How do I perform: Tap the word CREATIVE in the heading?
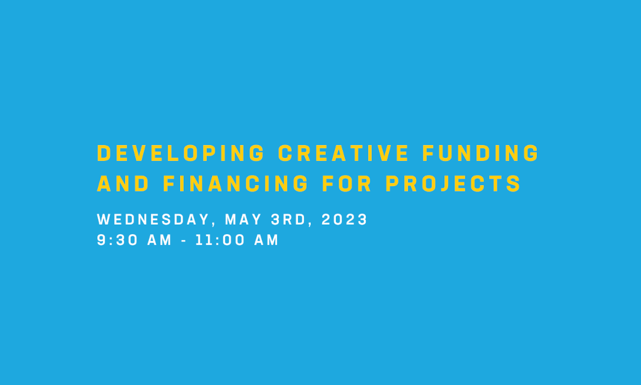point(343,153)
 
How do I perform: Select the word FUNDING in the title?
point(481,153)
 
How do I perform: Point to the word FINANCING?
point(236,184)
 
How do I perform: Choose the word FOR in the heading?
point(347,184)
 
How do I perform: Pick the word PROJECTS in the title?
point(454,184)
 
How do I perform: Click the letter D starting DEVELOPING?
point(104,153)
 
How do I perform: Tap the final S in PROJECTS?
point(514,184)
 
